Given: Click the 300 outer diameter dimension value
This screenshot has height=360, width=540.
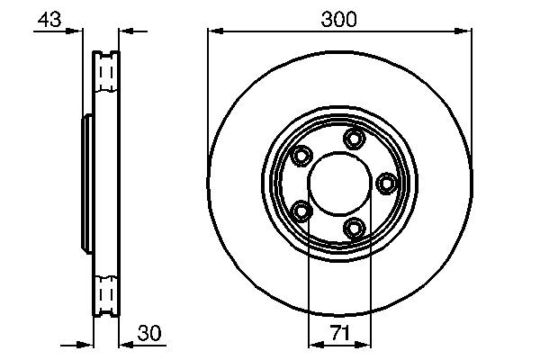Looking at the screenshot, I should point(339,18).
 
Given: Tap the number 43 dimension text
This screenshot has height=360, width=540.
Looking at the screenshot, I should point(51,20).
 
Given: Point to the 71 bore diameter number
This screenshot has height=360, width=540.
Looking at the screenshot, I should point(339,333).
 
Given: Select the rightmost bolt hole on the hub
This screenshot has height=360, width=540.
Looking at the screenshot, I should point(387,184).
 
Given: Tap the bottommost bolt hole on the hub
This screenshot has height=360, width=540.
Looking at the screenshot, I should point(355,229).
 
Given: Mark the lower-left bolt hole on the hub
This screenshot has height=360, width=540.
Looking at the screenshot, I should point(301,211).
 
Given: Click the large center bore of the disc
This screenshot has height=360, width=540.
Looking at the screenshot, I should point(339,184).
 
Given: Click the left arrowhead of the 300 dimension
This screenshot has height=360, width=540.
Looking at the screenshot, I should point(213,31).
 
